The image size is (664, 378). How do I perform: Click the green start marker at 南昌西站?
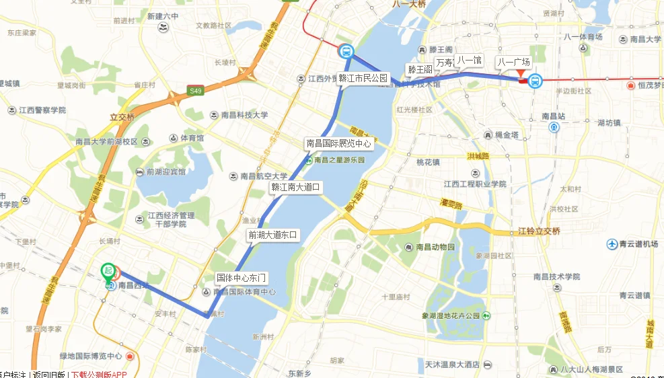[x=107, y=270]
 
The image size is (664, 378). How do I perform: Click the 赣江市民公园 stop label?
[x=363, y=77]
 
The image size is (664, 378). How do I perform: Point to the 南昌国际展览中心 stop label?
[x=338, y=143]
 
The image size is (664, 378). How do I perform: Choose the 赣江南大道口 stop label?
[x=296, y=187]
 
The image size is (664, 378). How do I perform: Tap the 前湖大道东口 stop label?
[x=272, y=235]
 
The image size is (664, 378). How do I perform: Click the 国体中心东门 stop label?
[x=242, y=277]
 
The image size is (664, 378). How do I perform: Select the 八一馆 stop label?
[x=469, y=61]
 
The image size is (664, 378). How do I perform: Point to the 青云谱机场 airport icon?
[x=612, y=243]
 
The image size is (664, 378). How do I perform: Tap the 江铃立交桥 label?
[x=538, y=232]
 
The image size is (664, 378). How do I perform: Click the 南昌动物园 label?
[x=432, y=247]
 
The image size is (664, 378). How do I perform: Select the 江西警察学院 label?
[x=42, y=110]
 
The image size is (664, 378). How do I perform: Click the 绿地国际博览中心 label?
[x=91, y=356]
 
